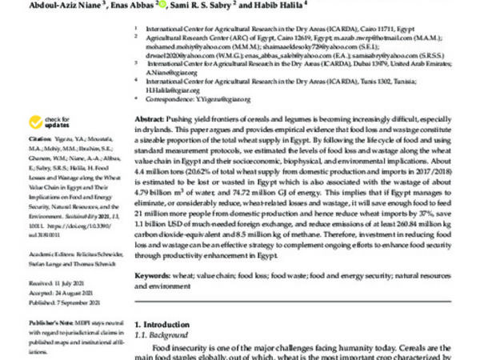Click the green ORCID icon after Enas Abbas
(163, 5)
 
